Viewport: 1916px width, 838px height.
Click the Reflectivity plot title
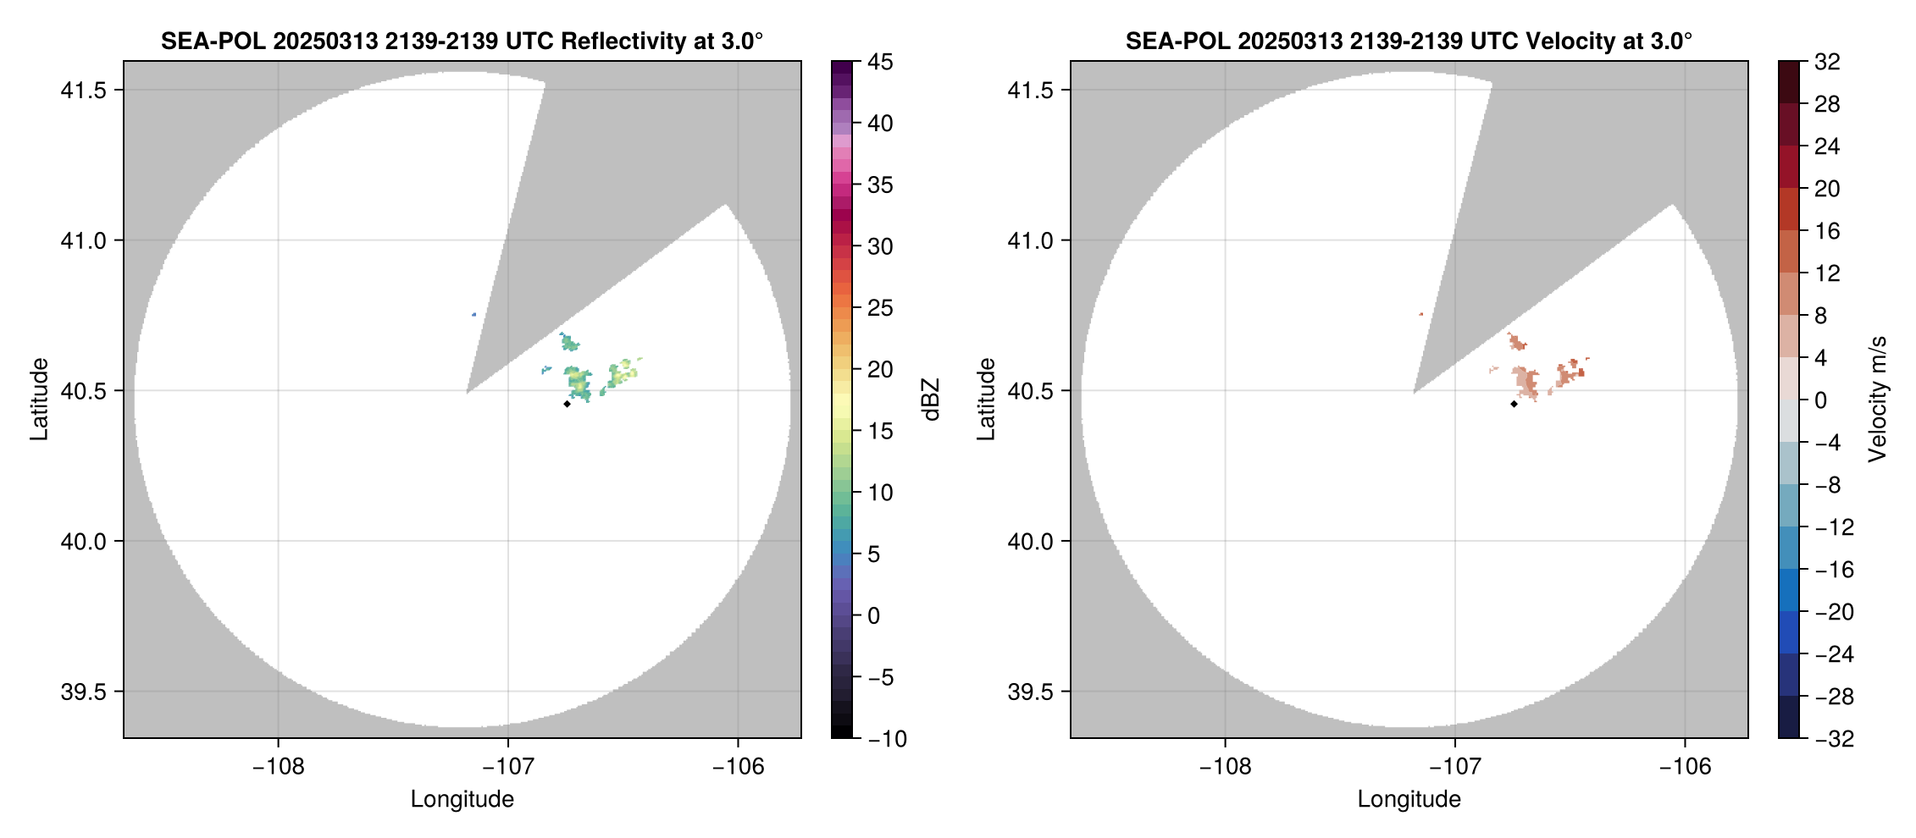click(462, 41)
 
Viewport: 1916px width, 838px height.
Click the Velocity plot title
click(1408, 41)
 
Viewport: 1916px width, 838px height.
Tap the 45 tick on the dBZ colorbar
click(880, 62)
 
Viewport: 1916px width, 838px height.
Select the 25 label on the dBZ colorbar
click(880, 308)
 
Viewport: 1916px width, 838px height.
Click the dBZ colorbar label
click(931, 400)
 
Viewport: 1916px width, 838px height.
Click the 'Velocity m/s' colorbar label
click(1878, 400)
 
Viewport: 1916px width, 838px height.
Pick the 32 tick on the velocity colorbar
click(1827, 62)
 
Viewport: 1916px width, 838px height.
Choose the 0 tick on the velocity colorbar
click(1820, 400)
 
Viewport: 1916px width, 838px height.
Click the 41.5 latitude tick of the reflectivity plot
click(83, 91)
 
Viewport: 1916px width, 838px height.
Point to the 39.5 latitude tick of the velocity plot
click(1030, 692)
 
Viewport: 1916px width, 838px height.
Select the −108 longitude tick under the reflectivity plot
click(278, 767)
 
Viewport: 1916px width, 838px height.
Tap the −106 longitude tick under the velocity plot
click(1684, 767)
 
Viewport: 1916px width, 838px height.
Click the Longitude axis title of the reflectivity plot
click(462, 799)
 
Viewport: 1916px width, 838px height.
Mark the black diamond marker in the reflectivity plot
click(567, 404)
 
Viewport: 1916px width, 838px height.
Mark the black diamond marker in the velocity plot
click(1514, 404)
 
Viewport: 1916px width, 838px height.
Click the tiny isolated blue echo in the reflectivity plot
click(473, 315)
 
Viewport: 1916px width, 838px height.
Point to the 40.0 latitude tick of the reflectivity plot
click(83, 541)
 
